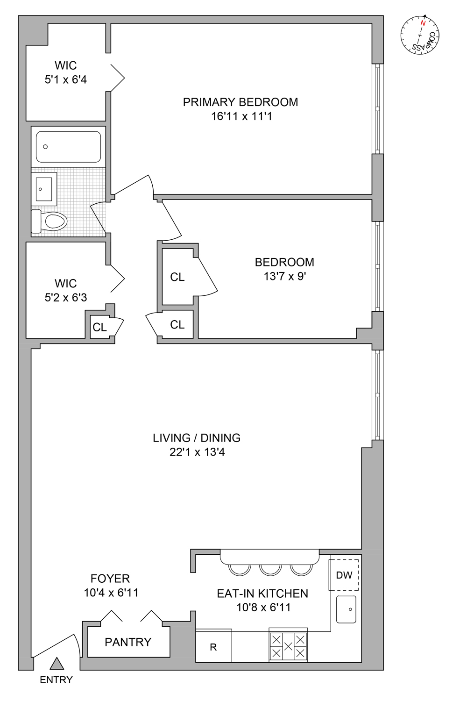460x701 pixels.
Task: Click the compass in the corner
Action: (x=419, y=35)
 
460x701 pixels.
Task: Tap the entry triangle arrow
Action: (x=57, y=664)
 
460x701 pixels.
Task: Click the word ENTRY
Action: (x=56, y=680)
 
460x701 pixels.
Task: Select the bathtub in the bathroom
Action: (x=68, y=147)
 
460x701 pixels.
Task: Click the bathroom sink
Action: (x=44, y=189)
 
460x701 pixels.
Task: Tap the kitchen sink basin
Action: (x=346, y=609)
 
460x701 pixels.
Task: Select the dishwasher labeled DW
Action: (x=344, y=575)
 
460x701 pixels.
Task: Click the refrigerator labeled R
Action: (x=213, y=647)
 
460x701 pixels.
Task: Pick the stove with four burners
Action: (x=288, y=646)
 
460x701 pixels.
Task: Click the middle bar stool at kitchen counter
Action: (x=270, y=570)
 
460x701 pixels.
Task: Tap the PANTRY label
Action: (x=128, y=642)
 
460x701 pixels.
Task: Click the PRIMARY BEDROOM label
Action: (x=240, y=102)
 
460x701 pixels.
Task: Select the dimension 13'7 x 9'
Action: (x=284, y=277)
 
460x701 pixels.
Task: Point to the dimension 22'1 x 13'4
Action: (x=197, y=452)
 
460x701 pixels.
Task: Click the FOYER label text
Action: (x=110, y=579)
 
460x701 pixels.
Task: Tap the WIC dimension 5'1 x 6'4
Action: (x=65, y=80)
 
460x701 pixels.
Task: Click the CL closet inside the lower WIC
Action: (x=99, y=327)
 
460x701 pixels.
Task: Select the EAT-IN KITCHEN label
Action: (x=262, y=594)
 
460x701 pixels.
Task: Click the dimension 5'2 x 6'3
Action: (x=65, y=298)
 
